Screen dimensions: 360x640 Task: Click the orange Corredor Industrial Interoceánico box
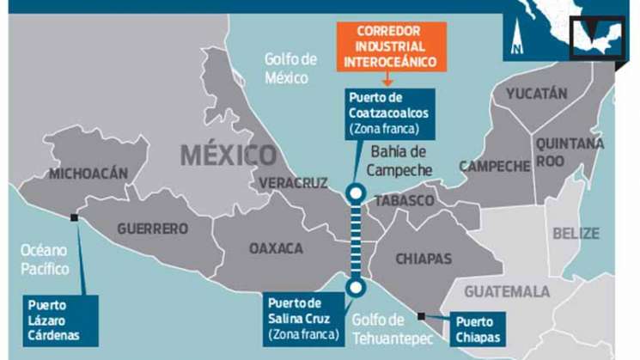click(x=391, y=46)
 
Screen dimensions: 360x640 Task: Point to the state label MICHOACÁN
click(x=88, y=174)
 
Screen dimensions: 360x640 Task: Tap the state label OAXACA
click(x=276, y=248)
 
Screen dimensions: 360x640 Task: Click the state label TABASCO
click(x=403, y=200)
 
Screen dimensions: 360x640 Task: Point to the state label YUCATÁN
click(x=536, y=93)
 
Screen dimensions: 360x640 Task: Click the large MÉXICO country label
click(x=229, y=156)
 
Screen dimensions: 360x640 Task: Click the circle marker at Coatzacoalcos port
click(x=354, y=193)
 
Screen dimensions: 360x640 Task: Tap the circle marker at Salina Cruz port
click(x=353, y=287)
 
